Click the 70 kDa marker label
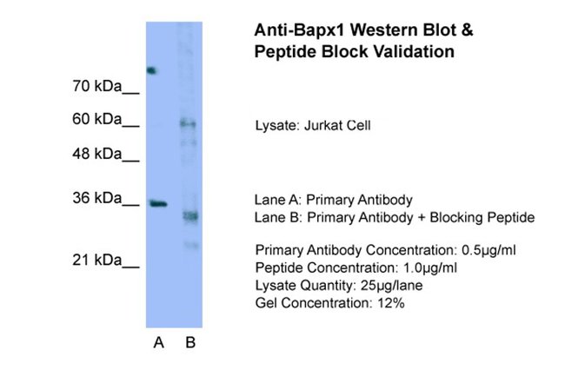(x=97, y=86)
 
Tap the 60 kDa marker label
(x=97, y=119)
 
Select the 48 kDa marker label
(x=97, y=154)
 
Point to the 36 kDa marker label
(x=97, y=198)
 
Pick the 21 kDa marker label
(x=97, y=260)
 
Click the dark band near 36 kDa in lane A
(x=158, y=204)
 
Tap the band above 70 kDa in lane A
(x=152, y=70)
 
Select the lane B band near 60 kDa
(x=189, y=124)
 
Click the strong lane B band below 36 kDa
(x=189, y=216)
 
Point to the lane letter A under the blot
(x=158, y=342)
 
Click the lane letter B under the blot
(x=190, y=342)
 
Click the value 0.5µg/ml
(x=489, y=250)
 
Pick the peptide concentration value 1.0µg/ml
(x=430, y=267)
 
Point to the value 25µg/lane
(x=391, y=286)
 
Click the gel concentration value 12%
(x=391, y=303)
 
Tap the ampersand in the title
(x=467, y=30)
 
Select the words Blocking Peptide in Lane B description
(x=482, y=218)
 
